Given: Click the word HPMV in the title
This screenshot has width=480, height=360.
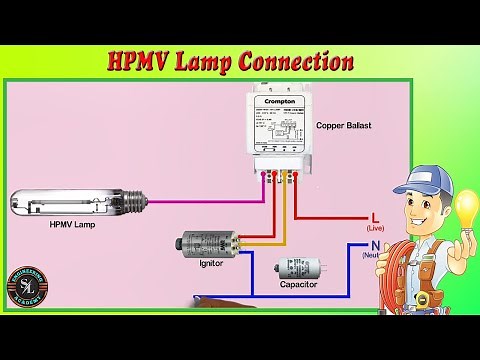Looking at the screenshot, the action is click(139, 62).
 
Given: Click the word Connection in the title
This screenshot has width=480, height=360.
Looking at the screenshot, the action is click(300, 62).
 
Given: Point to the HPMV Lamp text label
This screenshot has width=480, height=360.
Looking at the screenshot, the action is click(72, 225).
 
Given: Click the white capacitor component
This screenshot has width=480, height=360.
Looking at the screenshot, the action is click(300, 267).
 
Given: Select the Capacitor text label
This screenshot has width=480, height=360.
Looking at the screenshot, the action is click(298, 285).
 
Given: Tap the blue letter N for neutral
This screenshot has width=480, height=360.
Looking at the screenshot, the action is click(375, 245).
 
